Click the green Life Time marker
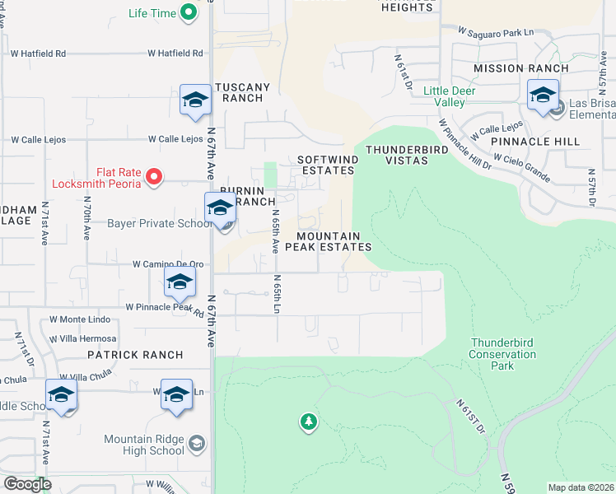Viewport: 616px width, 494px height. point(189,12)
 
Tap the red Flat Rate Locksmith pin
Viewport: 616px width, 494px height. point(154,176)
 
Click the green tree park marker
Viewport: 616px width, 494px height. point(309,422)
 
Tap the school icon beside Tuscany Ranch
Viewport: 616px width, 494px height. point(196,100)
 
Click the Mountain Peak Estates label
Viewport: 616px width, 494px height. point(329,241)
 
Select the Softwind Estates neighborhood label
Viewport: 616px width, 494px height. point(325,165)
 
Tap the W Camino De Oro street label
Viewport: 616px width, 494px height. point(168,264)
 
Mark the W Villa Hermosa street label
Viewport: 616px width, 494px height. point(82,338)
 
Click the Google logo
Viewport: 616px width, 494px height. point(27,484)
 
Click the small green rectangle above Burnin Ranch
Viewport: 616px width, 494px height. point(270,175)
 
